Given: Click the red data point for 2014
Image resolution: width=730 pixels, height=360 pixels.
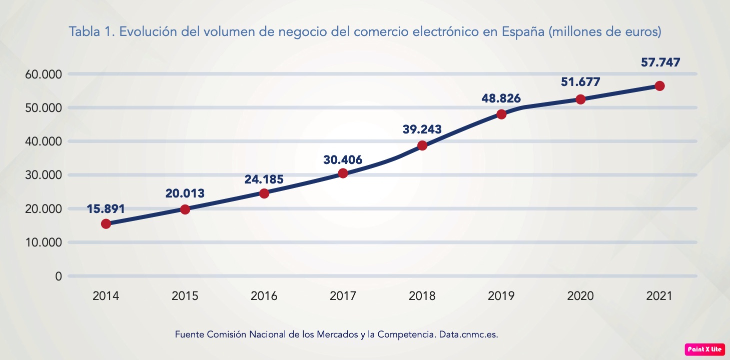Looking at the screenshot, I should [x=106, y=223].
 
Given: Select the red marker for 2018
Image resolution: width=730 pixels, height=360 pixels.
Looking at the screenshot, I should [x=422, y=145].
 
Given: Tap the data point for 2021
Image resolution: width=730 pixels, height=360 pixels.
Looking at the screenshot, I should [x=659, y=86].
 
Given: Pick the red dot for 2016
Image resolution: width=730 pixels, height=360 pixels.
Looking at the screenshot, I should [x=264, y=193].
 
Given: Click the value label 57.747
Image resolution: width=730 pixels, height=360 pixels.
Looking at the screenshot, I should [x=660, y=62].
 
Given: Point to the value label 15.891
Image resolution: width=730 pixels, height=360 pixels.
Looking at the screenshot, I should [x=106, y=208].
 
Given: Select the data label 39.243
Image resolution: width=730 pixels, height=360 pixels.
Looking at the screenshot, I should [x=422, y=129].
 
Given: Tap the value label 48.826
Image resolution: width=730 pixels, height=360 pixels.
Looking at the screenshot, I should [x=501, y=98].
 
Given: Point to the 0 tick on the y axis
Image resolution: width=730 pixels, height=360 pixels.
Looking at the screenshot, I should [x=59, y=276].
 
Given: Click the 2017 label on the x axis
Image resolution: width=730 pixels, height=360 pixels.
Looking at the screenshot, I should [x=343, y=295].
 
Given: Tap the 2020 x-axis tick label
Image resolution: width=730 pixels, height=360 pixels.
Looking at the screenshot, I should [x=580, y=295].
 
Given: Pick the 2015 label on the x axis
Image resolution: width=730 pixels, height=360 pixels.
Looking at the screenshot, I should [x=185, y=295].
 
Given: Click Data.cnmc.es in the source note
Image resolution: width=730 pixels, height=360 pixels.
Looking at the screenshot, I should [x=468, y=334].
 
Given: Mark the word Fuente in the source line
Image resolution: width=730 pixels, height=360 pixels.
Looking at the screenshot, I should [x=189, y=334].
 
